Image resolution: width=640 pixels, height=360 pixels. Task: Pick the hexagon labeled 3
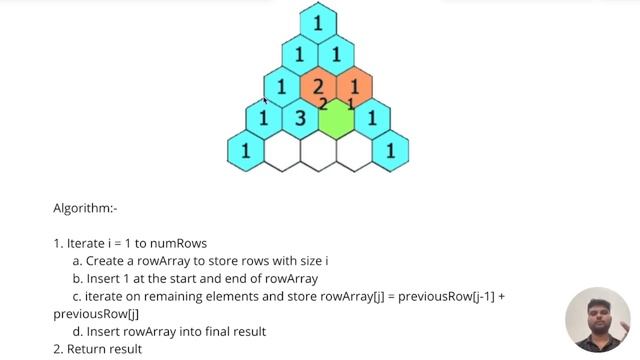pos(299,119)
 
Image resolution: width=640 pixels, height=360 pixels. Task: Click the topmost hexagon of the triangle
pos(318,22)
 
